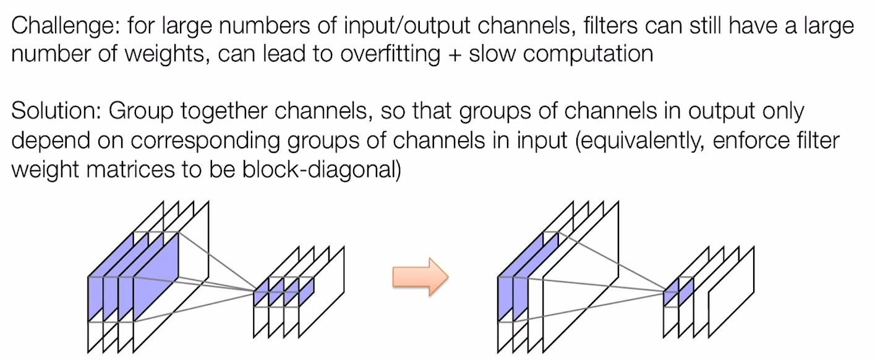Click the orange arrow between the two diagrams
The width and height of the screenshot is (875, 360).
tap(420, 276)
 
